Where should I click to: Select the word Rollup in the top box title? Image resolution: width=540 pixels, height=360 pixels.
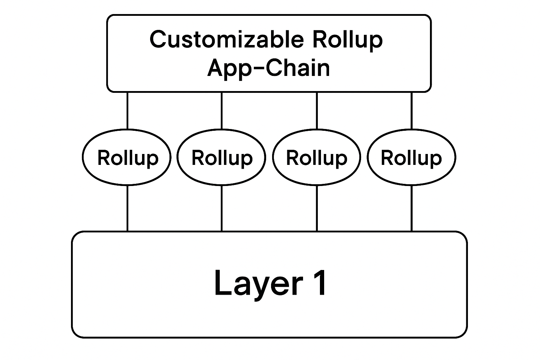coord(347,39)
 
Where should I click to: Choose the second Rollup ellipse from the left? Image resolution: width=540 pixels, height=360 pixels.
coord(221,157)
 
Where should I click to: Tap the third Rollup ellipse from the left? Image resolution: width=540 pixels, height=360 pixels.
coord(317,157)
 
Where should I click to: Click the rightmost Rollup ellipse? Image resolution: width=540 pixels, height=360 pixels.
coord(411,157)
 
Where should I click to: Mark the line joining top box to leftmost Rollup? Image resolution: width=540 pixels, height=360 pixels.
coord(127,110)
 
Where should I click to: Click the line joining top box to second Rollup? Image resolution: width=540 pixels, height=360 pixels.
coord(221,110)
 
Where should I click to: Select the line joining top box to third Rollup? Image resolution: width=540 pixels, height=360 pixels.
coord(317,110)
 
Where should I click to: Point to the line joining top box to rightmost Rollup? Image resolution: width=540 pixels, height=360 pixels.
coord(411,110)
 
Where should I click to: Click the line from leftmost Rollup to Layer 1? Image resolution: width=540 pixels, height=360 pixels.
coord(127,208)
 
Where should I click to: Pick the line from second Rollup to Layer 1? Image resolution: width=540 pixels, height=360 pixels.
coord(221,208)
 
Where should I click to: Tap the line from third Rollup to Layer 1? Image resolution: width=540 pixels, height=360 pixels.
coord(317,208)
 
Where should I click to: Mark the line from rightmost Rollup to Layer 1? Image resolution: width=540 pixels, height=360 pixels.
coord(411,208)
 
